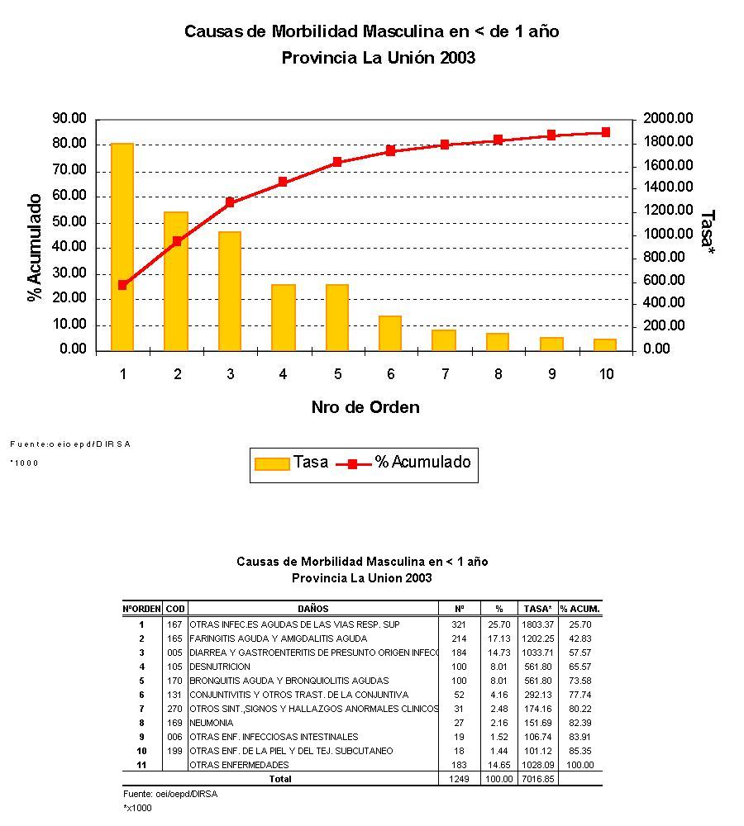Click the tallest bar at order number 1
pyautogui.click(x=122, y=247)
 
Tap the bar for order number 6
pyautogui.click(x=390, y=333)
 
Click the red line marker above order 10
pyautogui.click(x=606, y=132)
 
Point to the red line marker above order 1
pyautogui.click(x=122, y=285)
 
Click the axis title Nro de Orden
pyautogui.click(x=365, y=407)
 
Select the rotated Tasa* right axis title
pyautogui.click(x=707, y=228)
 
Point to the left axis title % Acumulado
pyautogui.click(x=35, y=248)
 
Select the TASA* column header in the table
pyautogui.click(x=537, y=609)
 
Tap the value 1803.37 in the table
pyautogui.click(x=537, y=624)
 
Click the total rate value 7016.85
pyautogui.click(x=537, y=779)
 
